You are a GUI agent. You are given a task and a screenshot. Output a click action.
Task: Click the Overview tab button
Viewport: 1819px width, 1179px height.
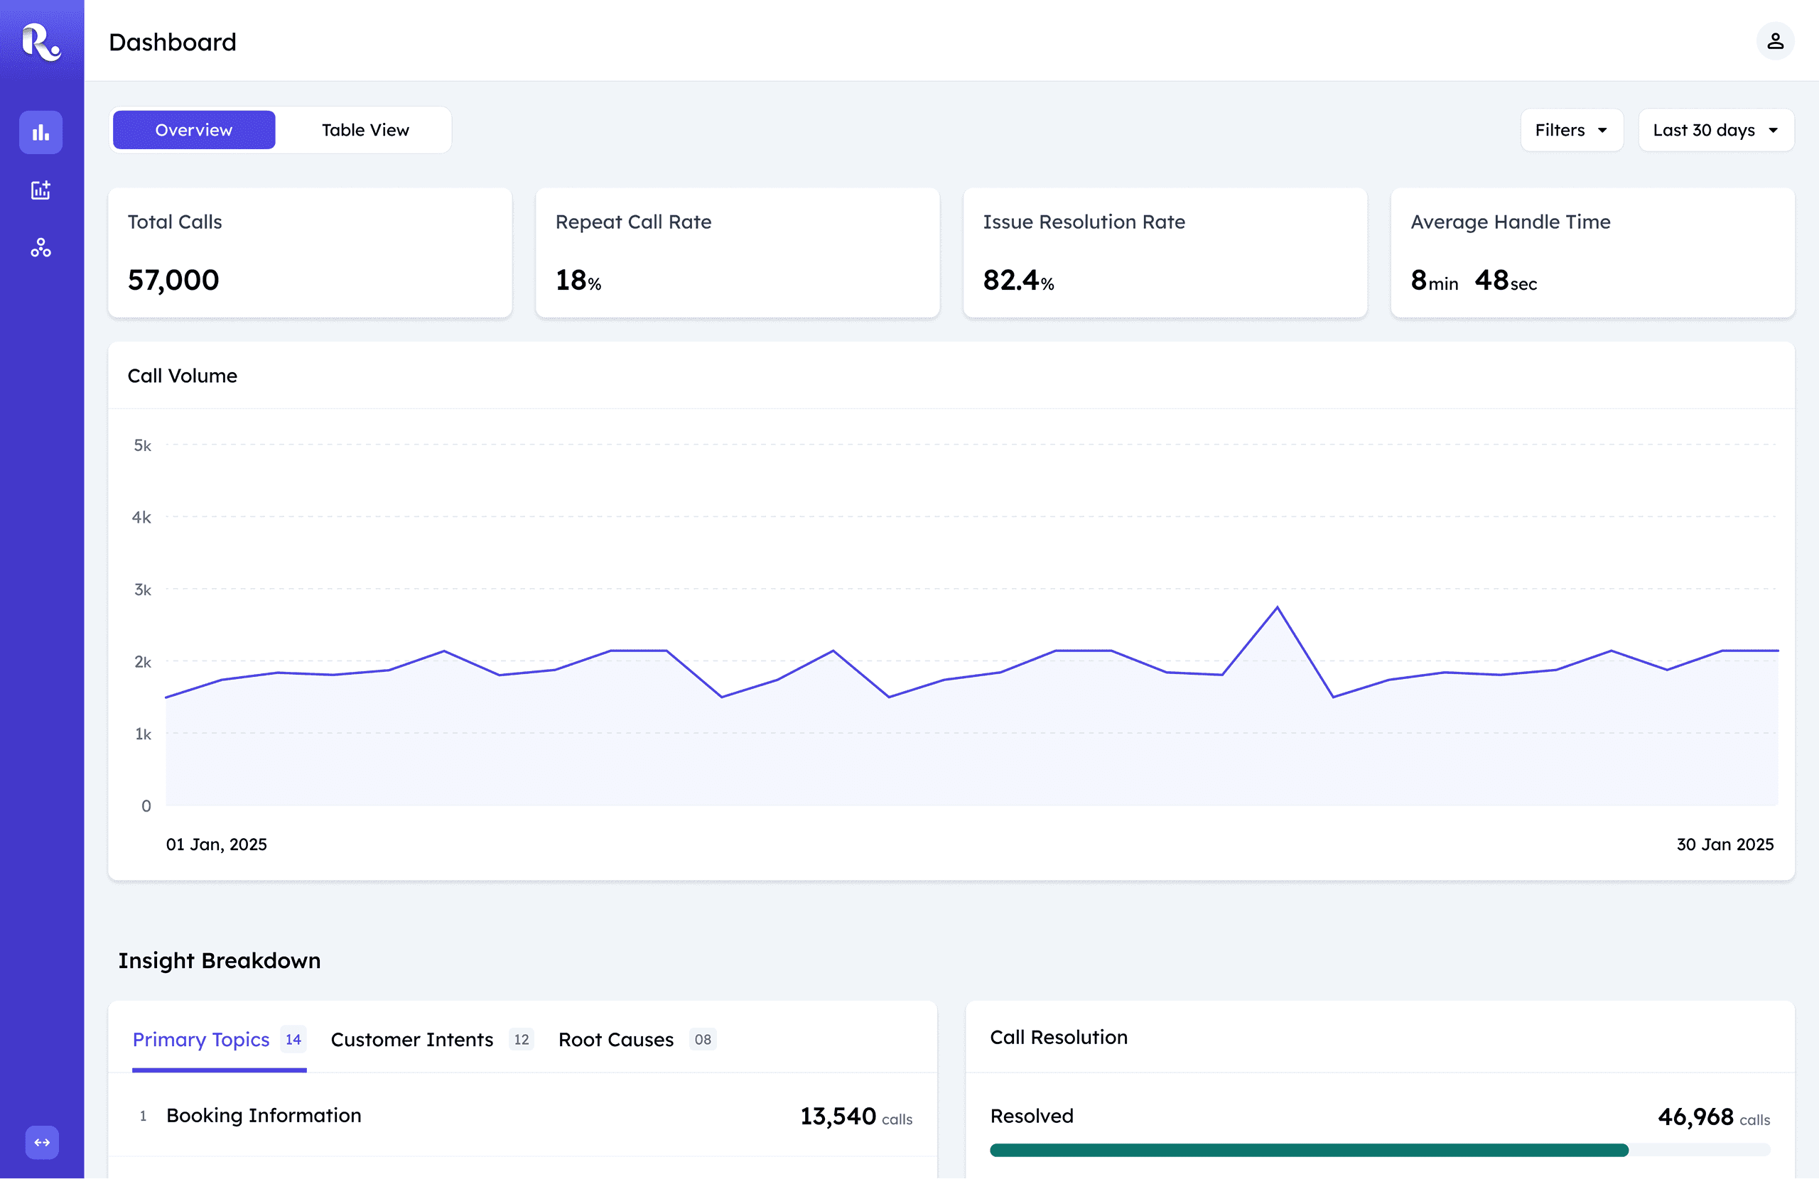pos(193,130)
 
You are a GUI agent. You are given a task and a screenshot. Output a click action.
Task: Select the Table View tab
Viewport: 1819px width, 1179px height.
pos(365,130)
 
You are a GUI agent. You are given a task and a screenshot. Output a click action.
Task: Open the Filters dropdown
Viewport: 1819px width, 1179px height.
pos(1570,130)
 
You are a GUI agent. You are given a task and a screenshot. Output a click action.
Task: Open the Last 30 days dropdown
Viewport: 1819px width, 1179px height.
pos(1715,130)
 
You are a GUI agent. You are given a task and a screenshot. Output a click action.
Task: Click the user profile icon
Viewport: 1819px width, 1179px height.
pos(1775,41)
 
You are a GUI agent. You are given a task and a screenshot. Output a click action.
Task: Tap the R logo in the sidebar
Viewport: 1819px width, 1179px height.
pos(41,41)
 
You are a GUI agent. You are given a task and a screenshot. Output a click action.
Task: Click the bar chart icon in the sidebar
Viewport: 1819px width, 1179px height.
pos(41,133)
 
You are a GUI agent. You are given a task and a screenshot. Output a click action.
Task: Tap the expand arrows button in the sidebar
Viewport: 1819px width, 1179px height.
pos(42,1142)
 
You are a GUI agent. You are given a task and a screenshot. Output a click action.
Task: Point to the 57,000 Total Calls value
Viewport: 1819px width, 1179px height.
pos(173,281)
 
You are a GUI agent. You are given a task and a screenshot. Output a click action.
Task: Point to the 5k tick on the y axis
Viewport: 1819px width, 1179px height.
pos(143,445)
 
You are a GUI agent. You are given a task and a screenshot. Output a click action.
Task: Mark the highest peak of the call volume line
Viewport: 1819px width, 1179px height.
pos(1277,608)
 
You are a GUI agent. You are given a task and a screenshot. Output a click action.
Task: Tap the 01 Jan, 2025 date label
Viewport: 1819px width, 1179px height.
pos(216,844)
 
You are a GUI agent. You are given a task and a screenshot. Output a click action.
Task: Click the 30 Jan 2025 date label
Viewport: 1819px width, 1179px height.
pos(1724,844)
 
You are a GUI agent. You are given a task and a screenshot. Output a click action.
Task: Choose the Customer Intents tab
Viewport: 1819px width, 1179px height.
pos(412,1039)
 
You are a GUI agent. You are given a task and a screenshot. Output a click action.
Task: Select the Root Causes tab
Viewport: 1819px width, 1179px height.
pos(616,1039)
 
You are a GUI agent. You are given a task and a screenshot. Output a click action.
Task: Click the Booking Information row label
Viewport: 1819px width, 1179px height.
pos(264,1116)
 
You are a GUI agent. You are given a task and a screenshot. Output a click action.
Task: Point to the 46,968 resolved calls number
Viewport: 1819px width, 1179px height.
pos(1695,1117)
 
